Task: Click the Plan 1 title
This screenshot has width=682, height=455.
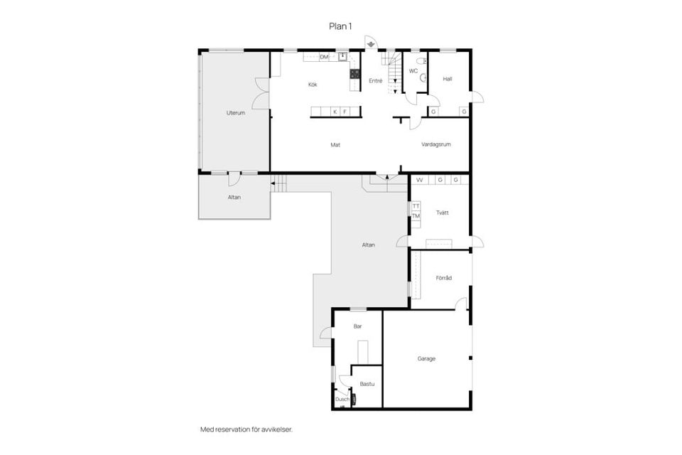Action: pos(340,26)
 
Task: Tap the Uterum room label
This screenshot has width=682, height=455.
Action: pos(236,113)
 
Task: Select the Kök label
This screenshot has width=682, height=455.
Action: pos(313,85)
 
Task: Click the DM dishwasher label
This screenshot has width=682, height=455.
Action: pos(324,57)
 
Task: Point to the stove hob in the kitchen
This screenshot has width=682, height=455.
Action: pos(355,74)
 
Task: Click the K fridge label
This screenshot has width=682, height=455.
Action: pos(335,112)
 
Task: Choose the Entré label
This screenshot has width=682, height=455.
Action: pos(375,81)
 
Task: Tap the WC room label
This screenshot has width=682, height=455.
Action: pos(413,71)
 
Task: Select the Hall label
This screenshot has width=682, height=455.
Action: pos(448,79)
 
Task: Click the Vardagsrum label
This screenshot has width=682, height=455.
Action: pos(436,144)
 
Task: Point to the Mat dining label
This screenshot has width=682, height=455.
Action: pos(335,145)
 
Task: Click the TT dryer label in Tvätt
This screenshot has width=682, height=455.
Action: pos(416,206)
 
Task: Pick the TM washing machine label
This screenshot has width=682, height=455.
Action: pos(416,216)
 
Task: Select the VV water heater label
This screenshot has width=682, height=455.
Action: pos(420,180)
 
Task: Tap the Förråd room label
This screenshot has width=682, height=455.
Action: pos(443,278)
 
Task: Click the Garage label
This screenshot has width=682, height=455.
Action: pos(426,359)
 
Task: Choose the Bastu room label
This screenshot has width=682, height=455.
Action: pos(367,384)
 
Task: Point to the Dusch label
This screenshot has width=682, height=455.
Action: pos(342,400)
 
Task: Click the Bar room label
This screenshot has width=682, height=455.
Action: pos(357,326)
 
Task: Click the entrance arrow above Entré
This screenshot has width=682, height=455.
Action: pos(371,44)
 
